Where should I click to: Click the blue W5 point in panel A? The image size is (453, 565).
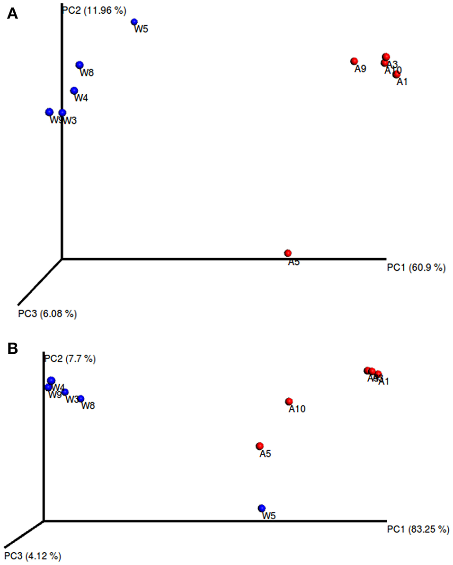pyautogui.click(x=134, y=22)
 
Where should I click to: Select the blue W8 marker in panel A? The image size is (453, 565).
pyautogui.click(x=80, y=65)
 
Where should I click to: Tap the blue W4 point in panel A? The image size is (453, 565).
pyautogui.click(x=74, y=90)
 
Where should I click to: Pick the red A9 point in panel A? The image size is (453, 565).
pyautogui.click(x=354, y=61)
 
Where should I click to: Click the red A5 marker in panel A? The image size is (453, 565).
pyautogui.click(x=288, y=253)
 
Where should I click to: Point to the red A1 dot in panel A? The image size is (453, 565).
pyautogui.click(x=397, y=74)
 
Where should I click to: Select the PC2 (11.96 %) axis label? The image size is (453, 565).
pyautogui.click(x=94, y=9)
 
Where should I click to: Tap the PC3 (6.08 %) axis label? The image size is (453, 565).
pyautogui.click(x=47, y=313)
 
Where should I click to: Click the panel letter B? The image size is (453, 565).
pyautogui.click(x=12, y=349)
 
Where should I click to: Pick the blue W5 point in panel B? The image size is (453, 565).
pyautogui.click(x=262, y=508)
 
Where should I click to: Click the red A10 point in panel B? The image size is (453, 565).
pyautogui.click(x=289, y=402)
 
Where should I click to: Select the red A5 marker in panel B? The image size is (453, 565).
pyautogui.click(x=259, y=446)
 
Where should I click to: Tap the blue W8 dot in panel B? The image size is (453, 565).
pyautogui.click(x=81, y=399)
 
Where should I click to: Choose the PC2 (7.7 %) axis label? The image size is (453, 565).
pyautogui.click(x=70, y=359)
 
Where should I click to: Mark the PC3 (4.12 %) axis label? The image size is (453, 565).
pyautogui.click(x=33, y=555)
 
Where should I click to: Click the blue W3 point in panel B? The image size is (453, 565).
pyautogui.click(x=65, y=392)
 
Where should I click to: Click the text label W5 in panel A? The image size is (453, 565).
pyautogui.click(x=141, y=29)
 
